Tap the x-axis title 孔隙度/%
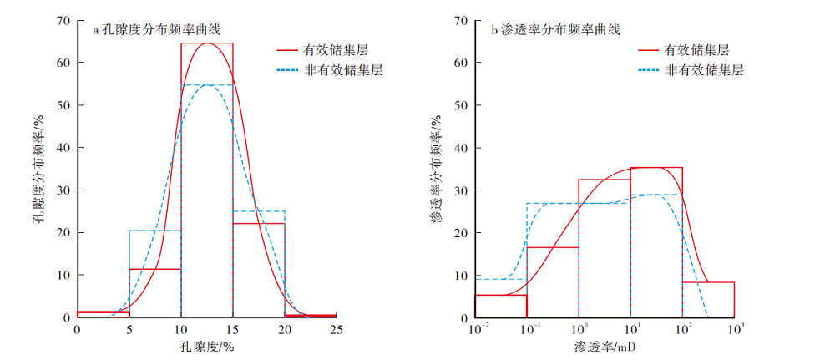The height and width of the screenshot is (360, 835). [206, 346]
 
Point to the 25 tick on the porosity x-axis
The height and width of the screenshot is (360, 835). [337, 330]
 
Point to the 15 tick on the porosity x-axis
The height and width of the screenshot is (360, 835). [233, 330]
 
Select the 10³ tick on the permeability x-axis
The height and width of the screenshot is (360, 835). [735, 329]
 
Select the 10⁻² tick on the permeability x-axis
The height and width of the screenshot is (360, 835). [476, 329]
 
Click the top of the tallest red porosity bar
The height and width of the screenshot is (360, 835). [207, 43]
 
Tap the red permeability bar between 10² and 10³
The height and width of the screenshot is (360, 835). [708, 300]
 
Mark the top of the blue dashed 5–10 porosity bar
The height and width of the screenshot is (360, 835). [155, 231]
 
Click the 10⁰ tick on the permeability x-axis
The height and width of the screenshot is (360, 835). [579, 329]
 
